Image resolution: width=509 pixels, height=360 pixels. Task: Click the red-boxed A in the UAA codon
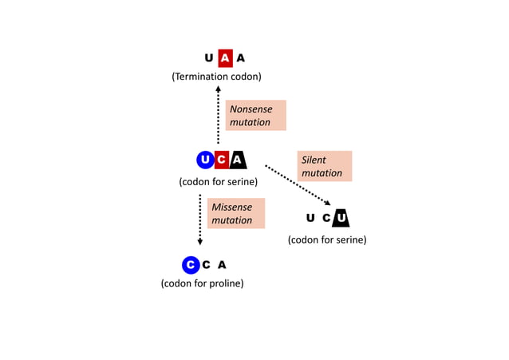(225, 57)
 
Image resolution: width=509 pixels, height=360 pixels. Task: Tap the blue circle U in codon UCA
(205, 160)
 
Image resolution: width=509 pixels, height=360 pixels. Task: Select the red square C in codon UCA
(222, 160)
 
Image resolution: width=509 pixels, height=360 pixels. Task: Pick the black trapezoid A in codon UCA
(238, 160)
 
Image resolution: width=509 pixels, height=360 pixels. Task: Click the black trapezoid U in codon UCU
(341, 218)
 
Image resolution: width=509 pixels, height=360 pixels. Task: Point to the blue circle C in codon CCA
(190, 264)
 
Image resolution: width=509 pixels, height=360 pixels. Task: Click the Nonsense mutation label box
(255, 116)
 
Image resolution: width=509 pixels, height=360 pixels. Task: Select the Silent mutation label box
(324, 166)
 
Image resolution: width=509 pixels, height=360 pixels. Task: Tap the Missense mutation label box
(235, 213)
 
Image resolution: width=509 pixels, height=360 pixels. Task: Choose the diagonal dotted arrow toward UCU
(297, 185)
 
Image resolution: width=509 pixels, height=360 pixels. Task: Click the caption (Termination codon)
(216, 77)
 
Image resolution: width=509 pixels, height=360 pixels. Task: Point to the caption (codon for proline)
(202, 283)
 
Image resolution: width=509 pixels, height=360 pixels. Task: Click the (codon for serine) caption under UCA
(218, 181)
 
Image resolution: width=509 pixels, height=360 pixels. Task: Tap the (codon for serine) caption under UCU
(327, 239)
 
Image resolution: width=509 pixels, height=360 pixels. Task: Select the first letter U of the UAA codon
(209, 57)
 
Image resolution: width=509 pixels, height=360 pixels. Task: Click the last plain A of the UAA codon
(241, 57)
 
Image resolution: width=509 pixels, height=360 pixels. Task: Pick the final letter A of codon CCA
(222, 265)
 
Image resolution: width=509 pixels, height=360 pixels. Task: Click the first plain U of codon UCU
(310, 218)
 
